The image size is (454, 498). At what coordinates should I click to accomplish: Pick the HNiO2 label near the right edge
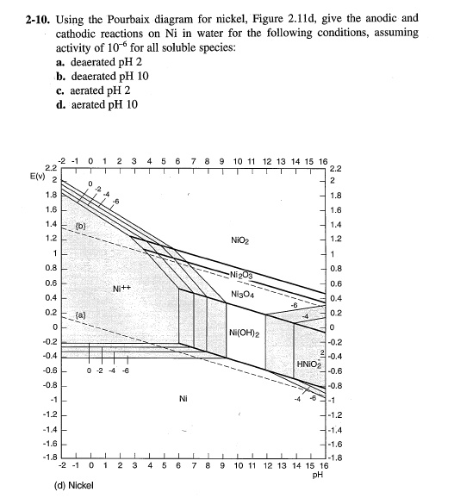(308, 364)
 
